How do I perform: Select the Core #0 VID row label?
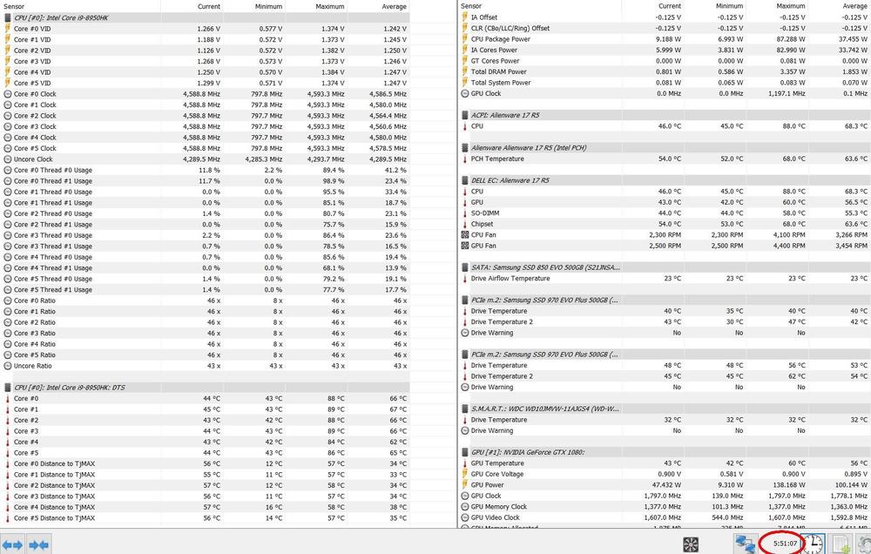pyautogui.click(x=32, y=29)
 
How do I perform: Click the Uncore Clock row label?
pyautogui.click(x=33, y=159)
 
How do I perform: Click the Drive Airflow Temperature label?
pyautogui.click(x=510, y=279)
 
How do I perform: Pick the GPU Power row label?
pyautogui.click(x=488, y=485)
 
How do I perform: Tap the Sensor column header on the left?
pyautogui.click(x=16, y=6)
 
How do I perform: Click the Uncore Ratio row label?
pyautogui.click(x=33, y=366)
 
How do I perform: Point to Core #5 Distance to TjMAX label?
pyautogui.click(x=54, y=517)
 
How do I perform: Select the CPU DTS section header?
pyautogui.click(x=69, y=388)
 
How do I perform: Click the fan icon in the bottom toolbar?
pyautogui.click(x=691, y=544)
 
